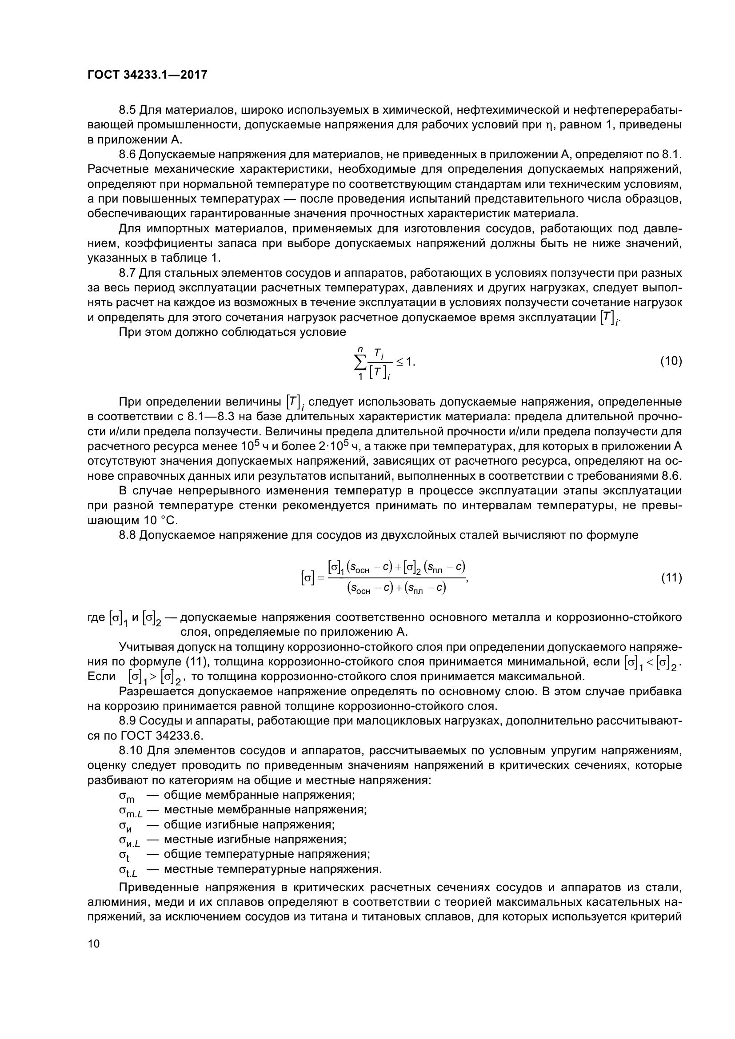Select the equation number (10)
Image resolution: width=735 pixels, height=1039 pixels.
tap(671, 361)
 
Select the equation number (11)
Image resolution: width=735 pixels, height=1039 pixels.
tap(671, 578)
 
